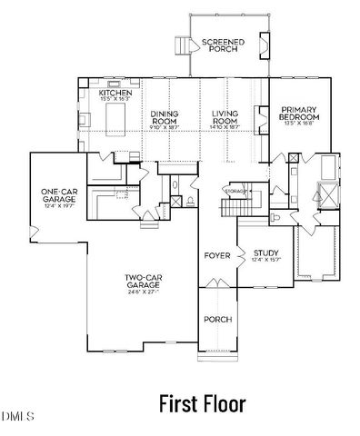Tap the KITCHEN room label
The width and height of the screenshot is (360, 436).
point(116,94)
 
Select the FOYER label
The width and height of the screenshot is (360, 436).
point(216,256)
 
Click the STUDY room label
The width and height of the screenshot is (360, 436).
point(265,253)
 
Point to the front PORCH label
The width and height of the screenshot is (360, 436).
point(217,319)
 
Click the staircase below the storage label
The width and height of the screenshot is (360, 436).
point(237,208)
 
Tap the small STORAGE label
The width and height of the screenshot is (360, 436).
point(235,192)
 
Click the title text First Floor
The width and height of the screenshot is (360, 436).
point(202,401)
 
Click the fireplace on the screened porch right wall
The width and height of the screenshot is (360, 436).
point(265,44)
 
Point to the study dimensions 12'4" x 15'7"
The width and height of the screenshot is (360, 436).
point(265,262)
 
